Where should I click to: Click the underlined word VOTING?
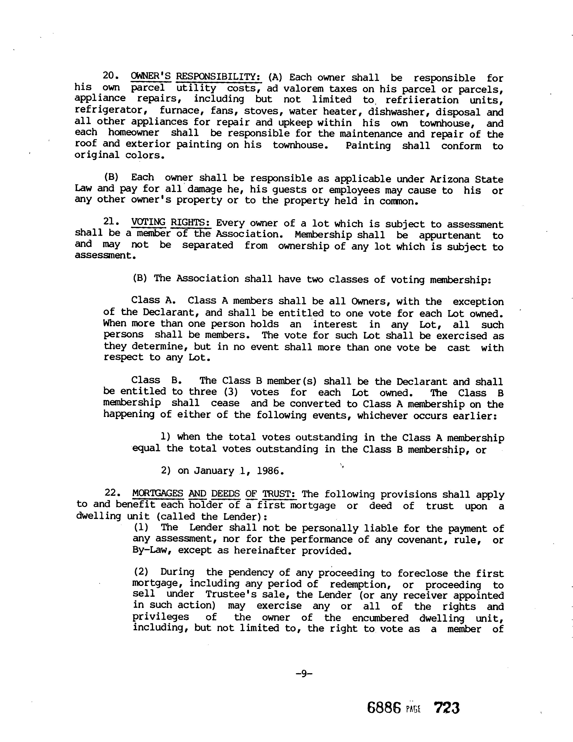(x=148, y=223)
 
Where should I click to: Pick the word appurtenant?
(x=450, y=235)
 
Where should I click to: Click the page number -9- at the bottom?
(x=304, y=673)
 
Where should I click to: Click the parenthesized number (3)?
(x=231, y=392)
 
